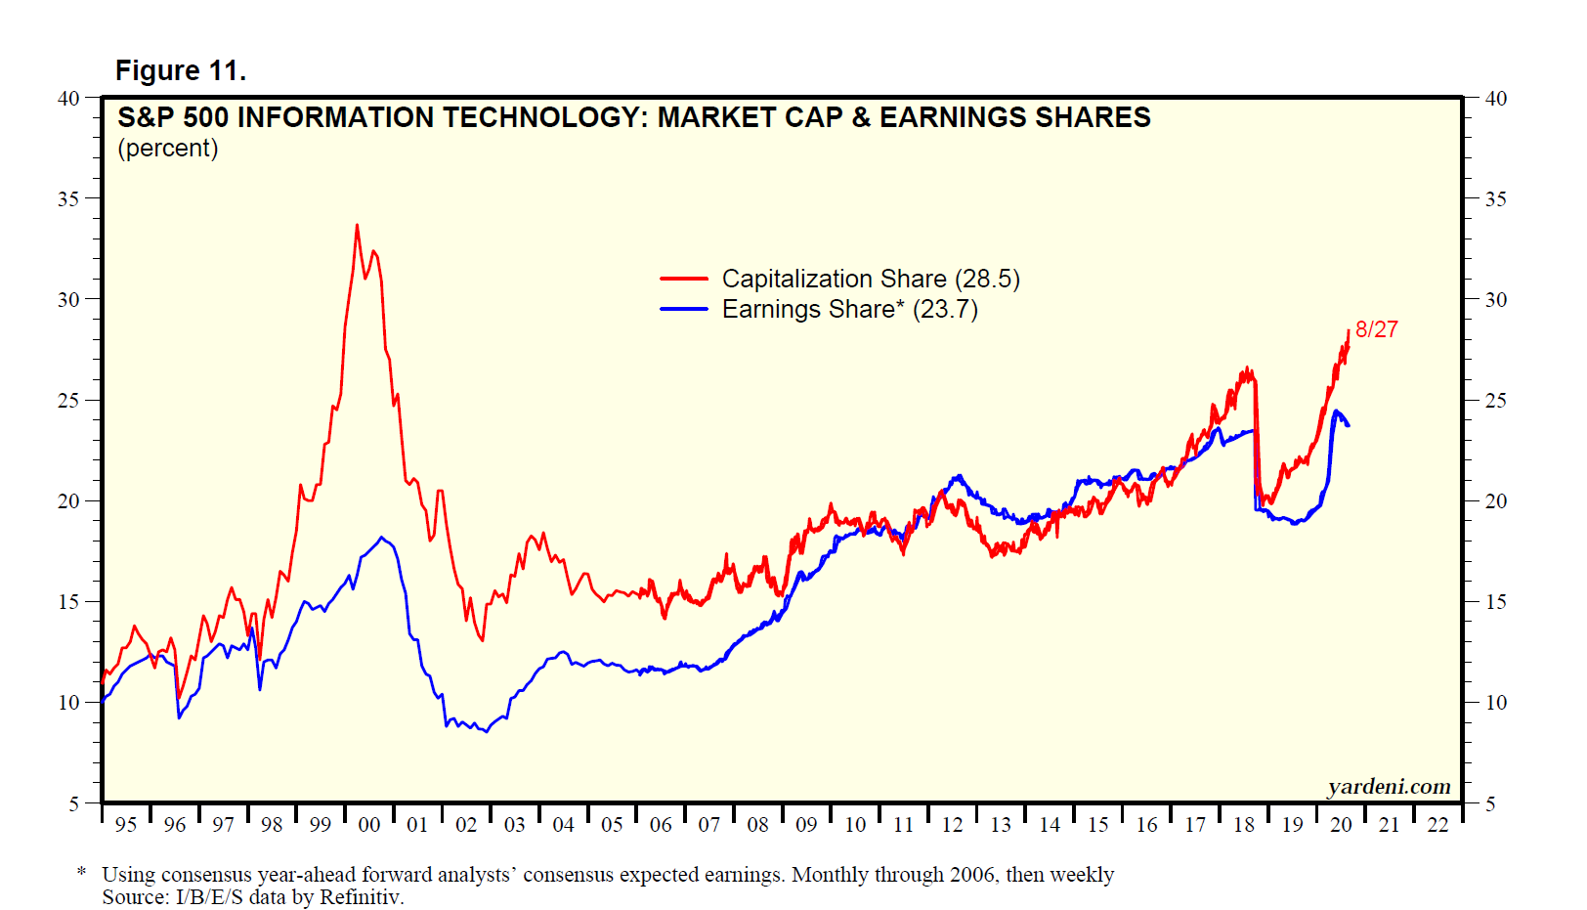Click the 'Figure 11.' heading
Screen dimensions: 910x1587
coord(181,71)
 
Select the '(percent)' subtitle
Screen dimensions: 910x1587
coord(168,149)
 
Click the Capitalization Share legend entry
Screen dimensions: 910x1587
coord(870,280)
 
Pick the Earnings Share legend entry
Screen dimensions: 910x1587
coord(849,310)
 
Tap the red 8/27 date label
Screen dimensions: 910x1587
coord(1376,330)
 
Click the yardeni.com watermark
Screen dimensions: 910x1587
coord(1389,787)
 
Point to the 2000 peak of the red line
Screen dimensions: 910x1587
coord(357,225)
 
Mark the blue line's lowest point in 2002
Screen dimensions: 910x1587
coord(486,732)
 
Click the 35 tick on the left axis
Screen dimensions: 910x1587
coord(68,199)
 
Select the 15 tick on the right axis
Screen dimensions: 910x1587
coord(1495,602)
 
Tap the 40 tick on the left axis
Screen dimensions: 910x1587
coord(68,99)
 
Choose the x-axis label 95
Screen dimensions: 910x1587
coord(126,825)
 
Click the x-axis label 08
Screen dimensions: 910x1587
coord(757,825)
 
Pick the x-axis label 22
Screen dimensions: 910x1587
coord(1437,825)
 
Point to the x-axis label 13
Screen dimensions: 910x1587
coord(1001,825)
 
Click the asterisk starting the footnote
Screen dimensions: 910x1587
coord(82,873)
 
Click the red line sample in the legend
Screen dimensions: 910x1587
coord(684,280)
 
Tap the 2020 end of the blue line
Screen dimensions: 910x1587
coord(1349,425)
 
